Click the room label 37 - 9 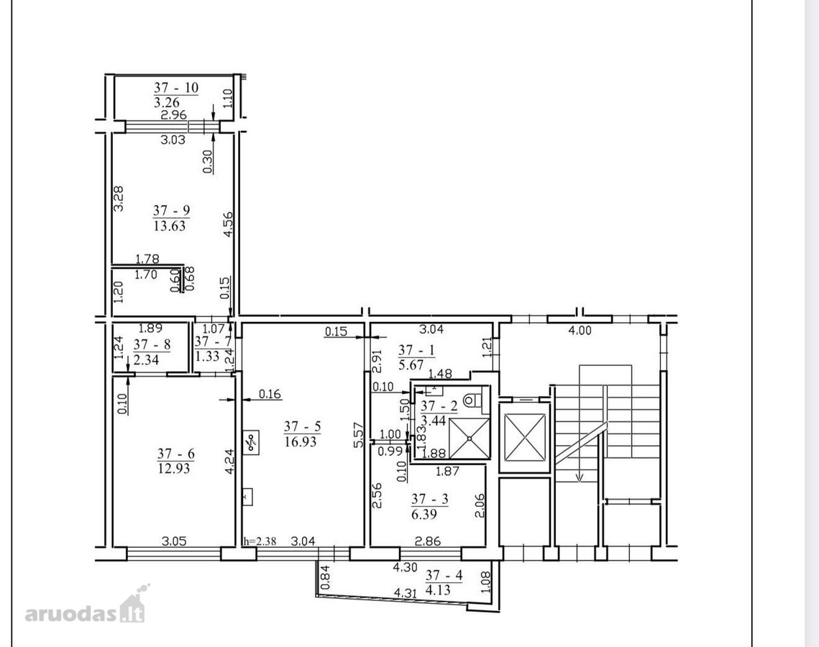(171, 211)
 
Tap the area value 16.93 (301, 442)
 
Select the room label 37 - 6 (175, 454)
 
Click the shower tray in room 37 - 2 (469, 438)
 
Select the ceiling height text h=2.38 (260, 541)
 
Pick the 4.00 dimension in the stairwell (580, 331)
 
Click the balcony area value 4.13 (438, 590)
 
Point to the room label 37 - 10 (177, 87)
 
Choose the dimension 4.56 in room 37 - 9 (228, 224)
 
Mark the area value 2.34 (146, 359)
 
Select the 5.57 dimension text (358, 435)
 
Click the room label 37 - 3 (430, 499)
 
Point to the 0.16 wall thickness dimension (270, 394)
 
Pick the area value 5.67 (411, 365)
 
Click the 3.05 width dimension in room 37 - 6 (174, 541)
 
